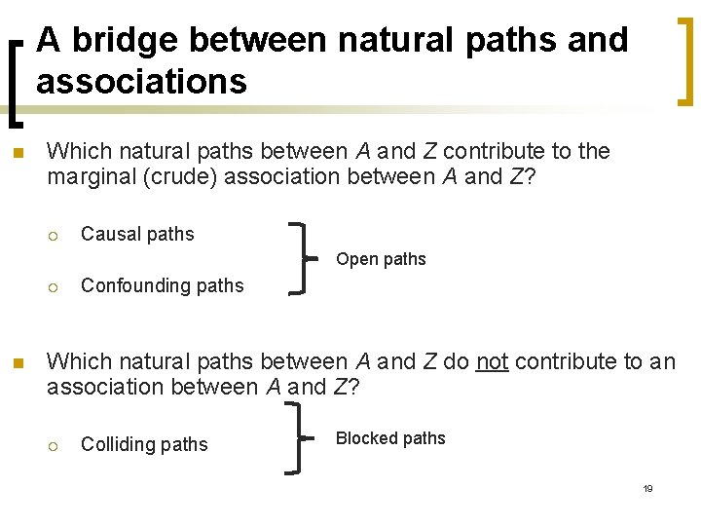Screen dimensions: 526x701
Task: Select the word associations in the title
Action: coord(141,82)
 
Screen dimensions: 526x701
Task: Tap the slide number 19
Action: coord(647,488)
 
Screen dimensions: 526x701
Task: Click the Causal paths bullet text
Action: coord(137,234)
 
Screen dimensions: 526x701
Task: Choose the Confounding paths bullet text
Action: coord(162,285)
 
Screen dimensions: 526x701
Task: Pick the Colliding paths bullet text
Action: coord(144,444)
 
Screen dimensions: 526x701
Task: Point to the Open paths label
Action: coord(381,259)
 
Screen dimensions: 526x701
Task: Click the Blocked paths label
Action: coord(390,438)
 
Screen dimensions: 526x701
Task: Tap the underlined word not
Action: coord(492,361)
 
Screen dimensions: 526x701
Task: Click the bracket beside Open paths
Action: coord(303,258)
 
